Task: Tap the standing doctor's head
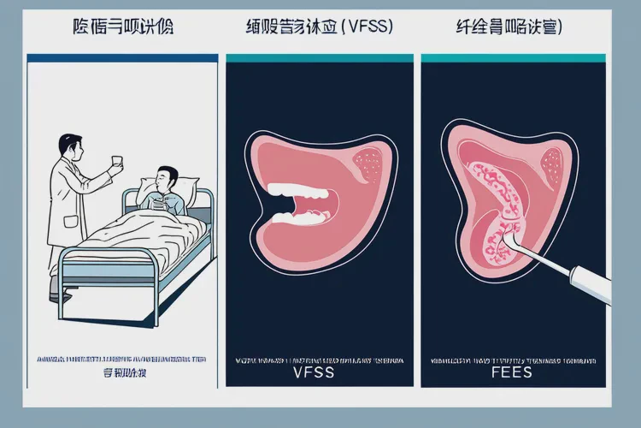70,149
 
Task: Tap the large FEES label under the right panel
512,373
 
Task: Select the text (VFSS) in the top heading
368,27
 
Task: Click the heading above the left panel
122,27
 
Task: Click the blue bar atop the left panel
122,57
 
